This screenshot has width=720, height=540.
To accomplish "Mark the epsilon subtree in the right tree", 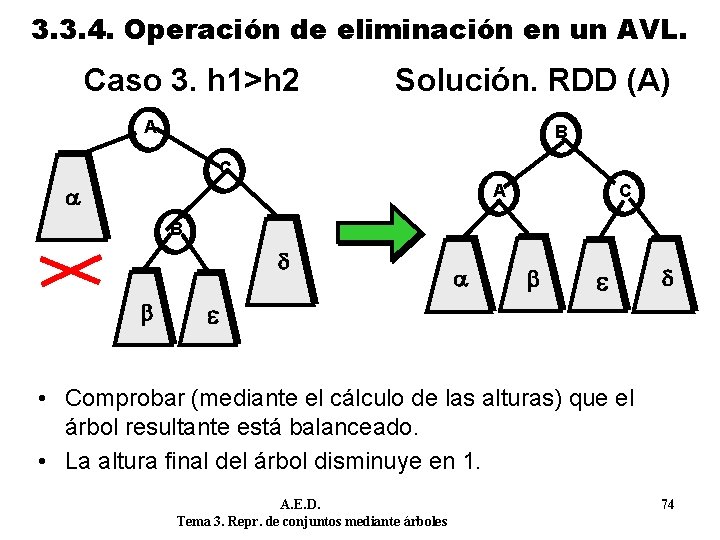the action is point(603,281).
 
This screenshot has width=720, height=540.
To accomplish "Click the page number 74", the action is point(667,505).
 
